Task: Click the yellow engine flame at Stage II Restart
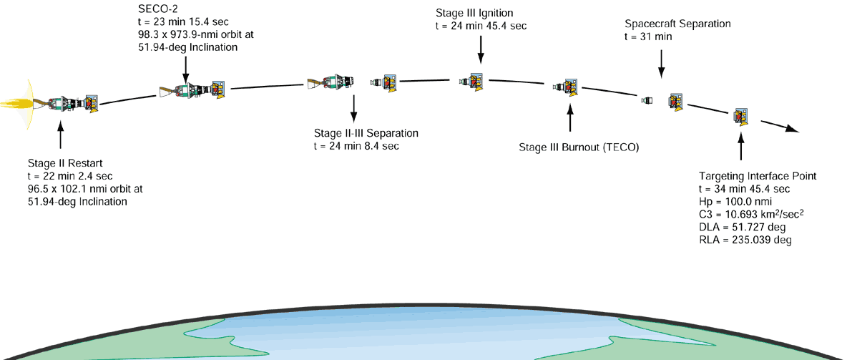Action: (18, 104)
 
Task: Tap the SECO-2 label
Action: (157, 9)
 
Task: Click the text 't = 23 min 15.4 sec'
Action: (182, 21)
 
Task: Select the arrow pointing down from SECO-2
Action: (185, 69)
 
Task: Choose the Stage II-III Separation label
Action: (366, 134)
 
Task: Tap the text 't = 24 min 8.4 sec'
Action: (356, 146)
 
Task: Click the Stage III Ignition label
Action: (474, 14)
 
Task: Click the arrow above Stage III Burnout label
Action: (570, 117)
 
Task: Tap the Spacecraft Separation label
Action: (677, 24)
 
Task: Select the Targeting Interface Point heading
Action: (758, 176)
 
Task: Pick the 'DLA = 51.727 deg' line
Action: (742, 228)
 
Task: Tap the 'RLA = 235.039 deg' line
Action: (745, 240)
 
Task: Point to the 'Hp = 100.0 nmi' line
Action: (734, 202)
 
